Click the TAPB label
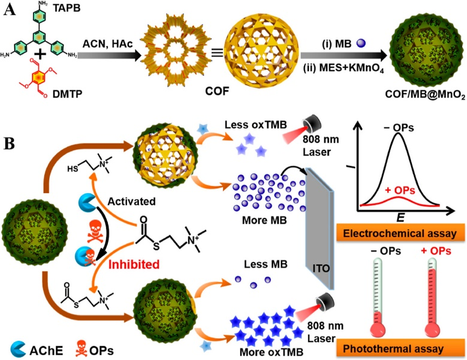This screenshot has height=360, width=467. (67, 8)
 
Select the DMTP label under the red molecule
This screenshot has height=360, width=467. (67, 94)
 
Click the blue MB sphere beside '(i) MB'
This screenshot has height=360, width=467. (361, 43)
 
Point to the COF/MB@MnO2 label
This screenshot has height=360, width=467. (425, 94)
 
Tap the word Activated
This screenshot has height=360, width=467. (131, 202)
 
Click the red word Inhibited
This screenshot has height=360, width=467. (134, 264)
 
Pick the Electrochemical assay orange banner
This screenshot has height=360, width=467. (400, 233)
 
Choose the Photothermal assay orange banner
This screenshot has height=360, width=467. (400, 348)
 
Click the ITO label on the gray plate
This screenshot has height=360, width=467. (321, 268)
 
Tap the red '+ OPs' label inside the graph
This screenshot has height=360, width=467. (400, 190)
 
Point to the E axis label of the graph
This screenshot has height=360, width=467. (400, 218)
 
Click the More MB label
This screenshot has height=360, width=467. (264, 220)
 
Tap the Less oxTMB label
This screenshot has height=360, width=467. (255, 125)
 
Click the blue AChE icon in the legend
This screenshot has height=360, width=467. (18, 350)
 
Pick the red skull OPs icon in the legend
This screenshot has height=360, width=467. (81, 349)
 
